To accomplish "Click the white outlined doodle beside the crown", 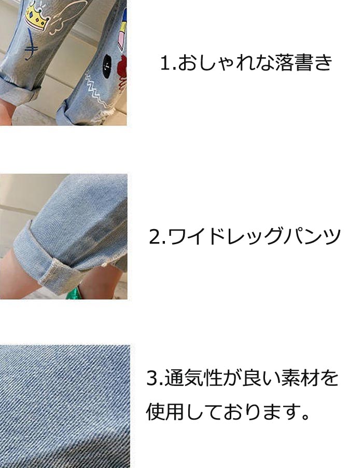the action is (x=67, y=18).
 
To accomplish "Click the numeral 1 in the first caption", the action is (x=165, y=63).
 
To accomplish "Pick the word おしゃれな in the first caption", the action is (x=226, y=63).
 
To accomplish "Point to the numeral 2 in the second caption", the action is (x=155, y=237).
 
